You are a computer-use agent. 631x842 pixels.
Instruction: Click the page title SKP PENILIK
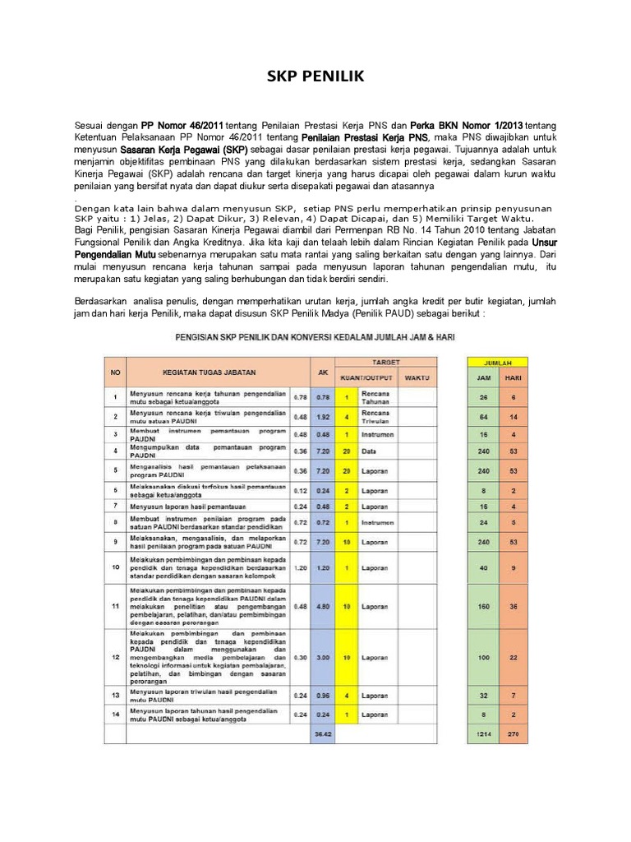pyautogui.click(x=315, y=78)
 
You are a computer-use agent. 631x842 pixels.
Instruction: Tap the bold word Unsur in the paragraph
pyautogui.click(x=544, y=243)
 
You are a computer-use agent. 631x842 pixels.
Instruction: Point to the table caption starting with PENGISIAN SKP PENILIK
pyautogui.click(x=315, y=337)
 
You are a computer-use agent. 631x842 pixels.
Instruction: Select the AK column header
pyautogui.click(x=323, y=372)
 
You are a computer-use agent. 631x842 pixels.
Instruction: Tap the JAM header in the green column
pyautogui.click(x=483, y=378)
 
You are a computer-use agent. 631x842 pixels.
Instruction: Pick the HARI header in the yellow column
pyautogui.click(x=513, y=378)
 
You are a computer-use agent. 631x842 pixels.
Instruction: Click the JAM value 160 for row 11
pyautogui.click(x=483, y=607)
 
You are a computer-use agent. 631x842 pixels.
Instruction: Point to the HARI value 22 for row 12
pyautogui.click(x=513, y=659)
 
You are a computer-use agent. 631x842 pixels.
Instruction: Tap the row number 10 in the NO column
pyautogui.click(x=115, y=567)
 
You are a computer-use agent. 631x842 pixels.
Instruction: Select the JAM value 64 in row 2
pyautogui.click(x=483, y=417)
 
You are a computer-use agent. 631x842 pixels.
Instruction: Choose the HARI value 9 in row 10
pyautogui.click(x=513, y=567)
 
